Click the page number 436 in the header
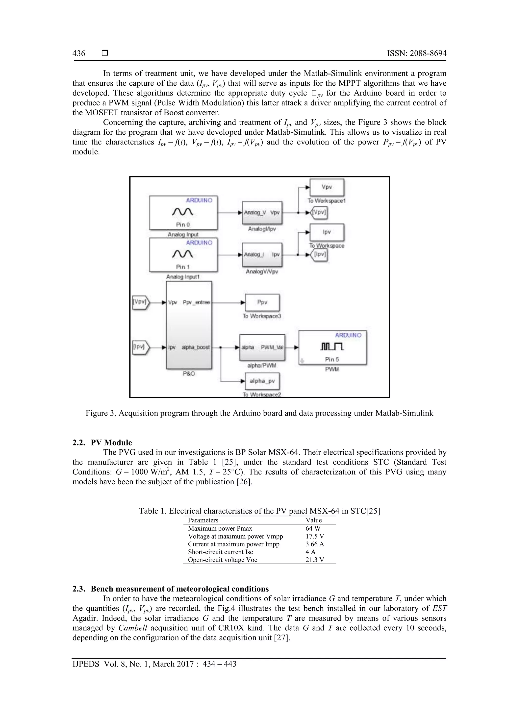(79, 53)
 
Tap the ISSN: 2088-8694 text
(416, 53)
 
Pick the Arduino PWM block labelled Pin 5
(332, 347)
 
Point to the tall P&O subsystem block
(189, 325)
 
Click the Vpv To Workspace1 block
(327, 187)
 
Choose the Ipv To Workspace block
(327, 232)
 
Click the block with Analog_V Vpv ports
(262, 213)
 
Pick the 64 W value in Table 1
(313, 528)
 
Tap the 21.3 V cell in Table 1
(315, 560)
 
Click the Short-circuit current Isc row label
(220, 552)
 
